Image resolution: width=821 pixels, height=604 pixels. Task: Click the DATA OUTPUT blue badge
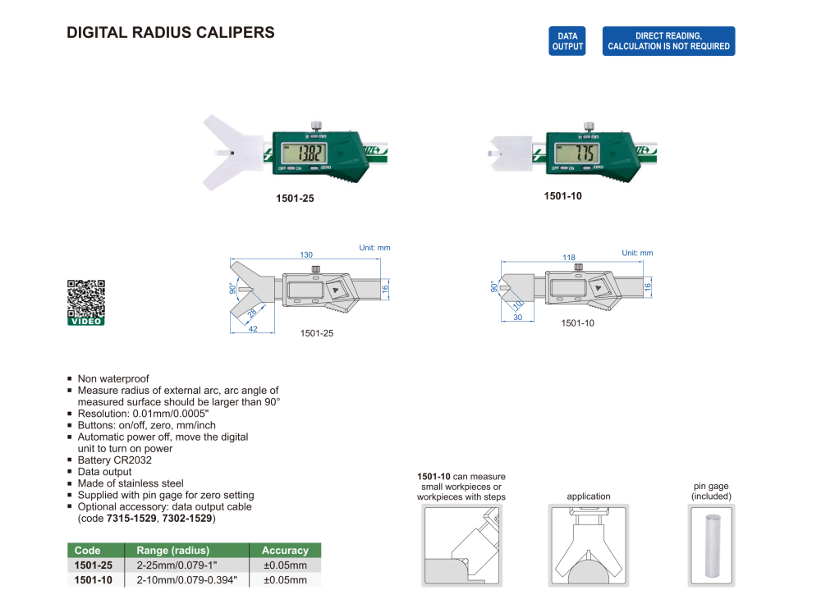click(x=567, y=41)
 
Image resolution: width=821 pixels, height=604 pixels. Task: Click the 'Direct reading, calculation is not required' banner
click(x=668, y=41)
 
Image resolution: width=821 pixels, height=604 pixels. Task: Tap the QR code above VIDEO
click(x=86, y=298)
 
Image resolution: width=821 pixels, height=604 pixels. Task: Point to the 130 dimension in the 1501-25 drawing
click(x=306, y=255)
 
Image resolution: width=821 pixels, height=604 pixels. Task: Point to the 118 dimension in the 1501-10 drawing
click(x=567, y=257)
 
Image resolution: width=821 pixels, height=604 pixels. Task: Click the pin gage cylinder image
click(x=710, y=546)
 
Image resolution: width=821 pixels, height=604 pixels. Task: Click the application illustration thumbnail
click(x=588, y=546)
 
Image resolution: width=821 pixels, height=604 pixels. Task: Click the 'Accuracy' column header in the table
click(x=284, y=551)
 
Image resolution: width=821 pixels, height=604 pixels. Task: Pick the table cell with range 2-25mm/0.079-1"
click(x=186, y=565)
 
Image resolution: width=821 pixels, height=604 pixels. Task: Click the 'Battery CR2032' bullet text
click(x=115, y=460)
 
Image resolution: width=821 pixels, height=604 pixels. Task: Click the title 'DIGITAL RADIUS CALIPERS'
click(x=170, y=33)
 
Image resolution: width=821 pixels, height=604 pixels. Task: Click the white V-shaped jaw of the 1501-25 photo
click(x=230, y=152)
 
